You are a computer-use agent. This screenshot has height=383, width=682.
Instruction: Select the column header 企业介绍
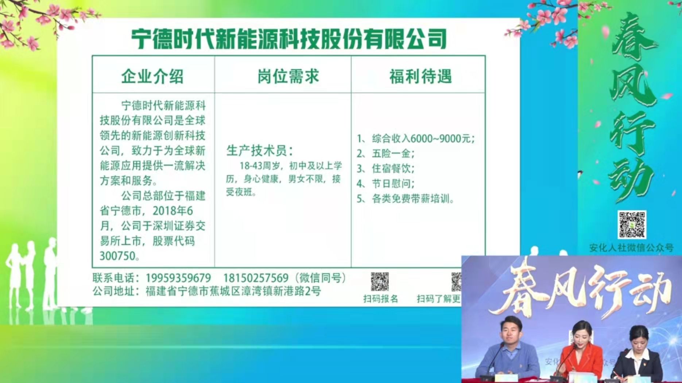pyautogui.click(x=152, y=77)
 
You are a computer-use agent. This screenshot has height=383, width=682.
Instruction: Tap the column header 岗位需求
pyautogui.click(x=288, y=77)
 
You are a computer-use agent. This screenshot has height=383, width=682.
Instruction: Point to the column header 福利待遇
pyautogui.click(x=421, y=77)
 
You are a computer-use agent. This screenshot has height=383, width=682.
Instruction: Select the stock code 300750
pyautogui.click(x=117, y=256)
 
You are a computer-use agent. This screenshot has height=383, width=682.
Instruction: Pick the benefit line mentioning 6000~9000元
pyautogui.click(x=416, y=138)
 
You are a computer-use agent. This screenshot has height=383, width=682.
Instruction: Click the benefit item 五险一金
pyautogui.click(x=385, y=153)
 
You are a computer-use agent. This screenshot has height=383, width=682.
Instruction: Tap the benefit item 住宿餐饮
pyautogui.click(x=385, y=168)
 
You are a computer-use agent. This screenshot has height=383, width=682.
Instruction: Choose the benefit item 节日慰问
pyautogui.click(x=385, y=183)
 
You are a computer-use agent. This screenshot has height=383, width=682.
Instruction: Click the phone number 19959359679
pyautogui.click(x=178, y=278)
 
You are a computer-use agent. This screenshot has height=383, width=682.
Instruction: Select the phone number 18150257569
pyautogui.click(x=256, y=278)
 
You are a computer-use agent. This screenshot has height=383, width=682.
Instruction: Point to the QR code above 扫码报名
pyautogui.click(x=380, y=282)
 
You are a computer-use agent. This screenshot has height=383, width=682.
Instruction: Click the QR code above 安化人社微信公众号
pyautogui.click(x=632, y=225)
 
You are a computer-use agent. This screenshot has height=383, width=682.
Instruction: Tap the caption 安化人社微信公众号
pyautogui.click(x=631, y=248)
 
